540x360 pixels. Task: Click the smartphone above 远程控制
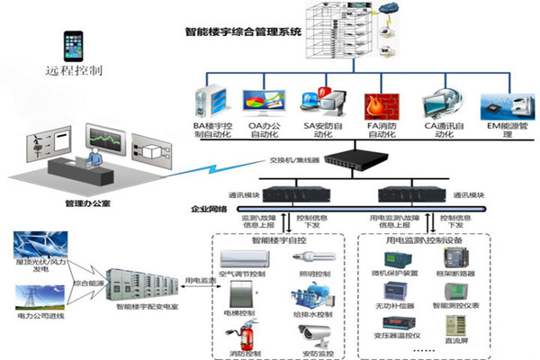click(x=73, y=45)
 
